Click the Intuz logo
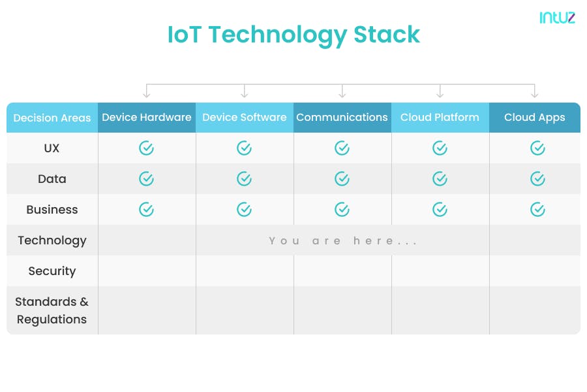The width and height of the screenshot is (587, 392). (x=557, y=18)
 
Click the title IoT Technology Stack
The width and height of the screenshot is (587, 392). (x=293, y=35)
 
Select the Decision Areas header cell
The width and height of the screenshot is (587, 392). (x=52, y=118)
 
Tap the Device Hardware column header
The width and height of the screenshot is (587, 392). (x=147, y=118)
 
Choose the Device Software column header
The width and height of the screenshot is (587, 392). (x=245, y=118)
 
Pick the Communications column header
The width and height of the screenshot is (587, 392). (x=342, y=118)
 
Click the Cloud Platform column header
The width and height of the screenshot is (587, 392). (x=440, y=118)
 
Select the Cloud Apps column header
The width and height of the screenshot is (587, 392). (x=534, y=118)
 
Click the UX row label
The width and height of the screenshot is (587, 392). (x=52, y=148)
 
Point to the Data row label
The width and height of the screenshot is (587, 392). (x=52, y=179)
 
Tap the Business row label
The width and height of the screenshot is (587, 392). (x=52, y=210)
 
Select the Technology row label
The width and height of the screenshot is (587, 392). (x=52, y=240)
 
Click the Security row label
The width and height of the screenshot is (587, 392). (x=52, y=271)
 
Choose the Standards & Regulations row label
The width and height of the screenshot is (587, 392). (x=52, y=310)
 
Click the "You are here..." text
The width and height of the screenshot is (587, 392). (x=343, y=241)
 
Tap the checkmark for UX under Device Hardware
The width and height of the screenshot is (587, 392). (x=147, y=148)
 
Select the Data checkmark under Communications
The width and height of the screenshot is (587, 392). (x=342, y=178)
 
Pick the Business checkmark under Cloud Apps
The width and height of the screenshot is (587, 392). (x=537, y=209)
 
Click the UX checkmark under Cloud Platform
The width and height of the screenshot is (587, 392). (x=440, y=148)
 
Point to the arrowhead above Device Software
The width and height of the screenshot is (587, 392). (x=245, y=95)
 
